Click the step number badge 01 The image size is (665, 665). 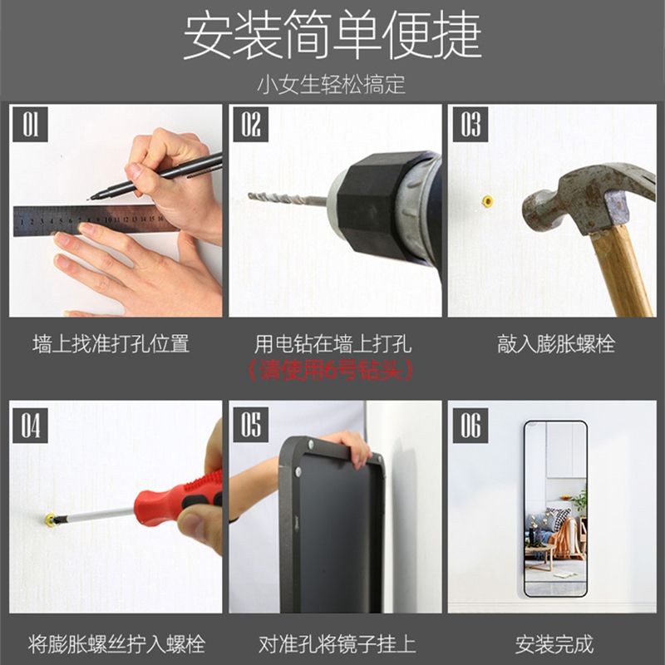coord(30,125)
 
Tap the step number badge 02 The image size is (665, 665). coord(251,125)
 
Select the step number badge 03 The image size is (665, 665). coord(470,125)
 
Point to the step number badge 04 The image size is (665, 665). coord(30,426)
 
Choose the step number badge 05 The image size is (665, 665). coord(251,426)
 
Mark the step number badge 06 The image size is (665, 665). coord(470,426)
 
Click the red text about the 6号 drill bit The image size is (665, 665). coord(331,371)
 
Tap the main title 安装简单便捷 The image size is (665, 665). coord(332,35)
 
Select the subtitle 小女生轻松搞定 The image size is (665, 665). coord(332,84)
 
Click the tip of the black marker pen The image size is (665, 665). coord(88,199)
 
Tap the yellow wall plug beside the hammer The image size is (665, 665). coord(488,200)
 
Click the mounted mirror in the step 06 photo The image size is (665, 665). coord(555,509)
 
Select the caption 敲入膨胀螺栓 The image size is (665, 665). coord(555,343)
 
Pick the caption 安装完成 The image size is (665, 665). coord(554,644)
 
